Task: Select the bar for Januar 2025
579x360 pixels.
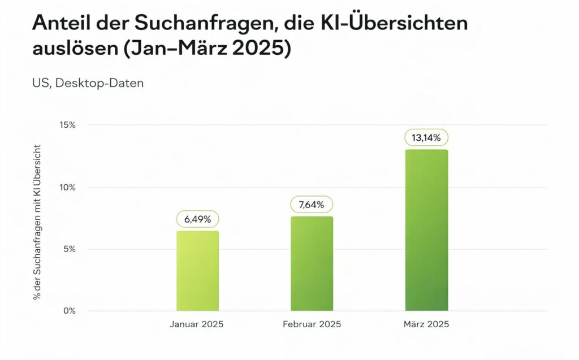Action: [197, 271]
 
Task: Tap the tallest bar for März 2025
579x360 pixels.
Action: [426, 230]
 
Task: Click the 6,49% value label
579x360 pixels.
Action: [197, 219]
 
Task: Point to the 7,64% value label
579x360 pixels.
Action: [312, 205]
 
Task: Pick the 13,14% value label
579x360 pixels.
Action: [426, 137]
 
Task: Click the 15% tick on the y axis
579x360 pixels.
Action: [67, 125]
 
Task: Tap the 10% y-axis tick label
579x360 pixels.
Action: [67, 188]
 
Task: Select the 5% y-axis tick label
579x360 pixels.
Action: [69, 249]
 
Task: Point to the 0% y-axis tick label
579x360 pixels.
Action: [69, 311]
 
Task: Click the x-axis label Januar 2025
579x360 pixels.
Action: [197, 324]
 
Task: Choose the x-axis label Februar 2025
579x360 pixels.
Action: [311, 324]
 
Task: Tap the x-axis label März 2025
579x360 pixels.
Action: [427, 324]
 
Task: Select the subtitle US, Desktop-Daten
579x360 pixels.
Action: [88, 83]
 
